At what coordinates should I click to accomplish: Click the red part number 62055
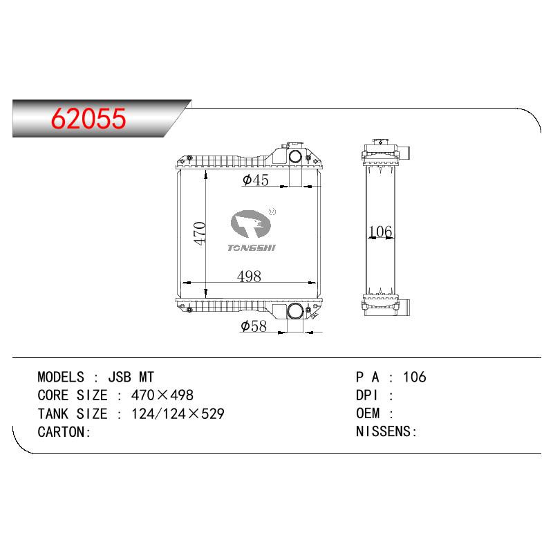[x=88, y=118]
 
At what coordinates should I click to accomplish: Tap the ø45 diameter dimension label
[x=256, y=180]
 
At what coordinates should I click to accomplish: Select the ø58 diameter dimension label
[x=254, y=326]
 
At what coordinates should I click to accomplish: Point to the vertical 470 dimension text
[x=200, y=234]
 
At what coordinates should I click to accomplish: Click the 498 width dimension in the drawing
[x=249, y=276]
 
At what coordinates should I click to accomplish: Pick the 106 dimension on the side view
[x=380, y=232]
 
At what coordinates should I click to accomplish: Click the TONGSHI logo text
[x=252, y=248]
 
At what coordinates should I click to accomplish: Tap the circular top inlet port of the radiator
[x=296, y=156]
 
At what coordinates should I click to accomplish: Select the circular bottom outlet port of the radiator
[x=295, y=311]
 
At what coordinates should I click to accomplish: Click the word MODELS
[x=61, y=377]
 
